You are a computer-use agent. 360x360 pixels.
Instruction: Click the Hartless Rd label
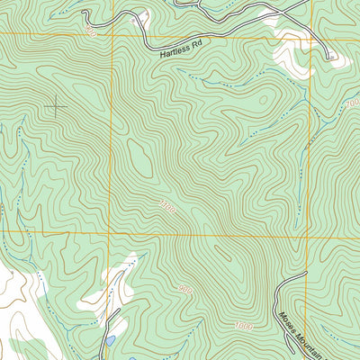[x=183, y=54]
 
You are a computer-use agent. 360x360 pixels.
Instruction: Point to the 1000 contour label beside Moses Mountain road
[x=243, y=325]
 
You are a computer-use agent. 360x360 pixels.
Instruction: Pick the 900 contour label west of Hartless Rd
[x=90, y=31]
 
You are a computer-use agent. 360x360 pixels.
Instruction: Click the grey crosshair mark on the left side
[x=56, y=106]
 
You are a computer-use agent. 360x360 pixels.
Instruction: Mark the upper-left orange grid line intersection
[x=112, y=35]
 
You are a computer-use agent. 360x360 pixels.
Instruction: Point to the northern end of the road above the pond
[x=119, y=310]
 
